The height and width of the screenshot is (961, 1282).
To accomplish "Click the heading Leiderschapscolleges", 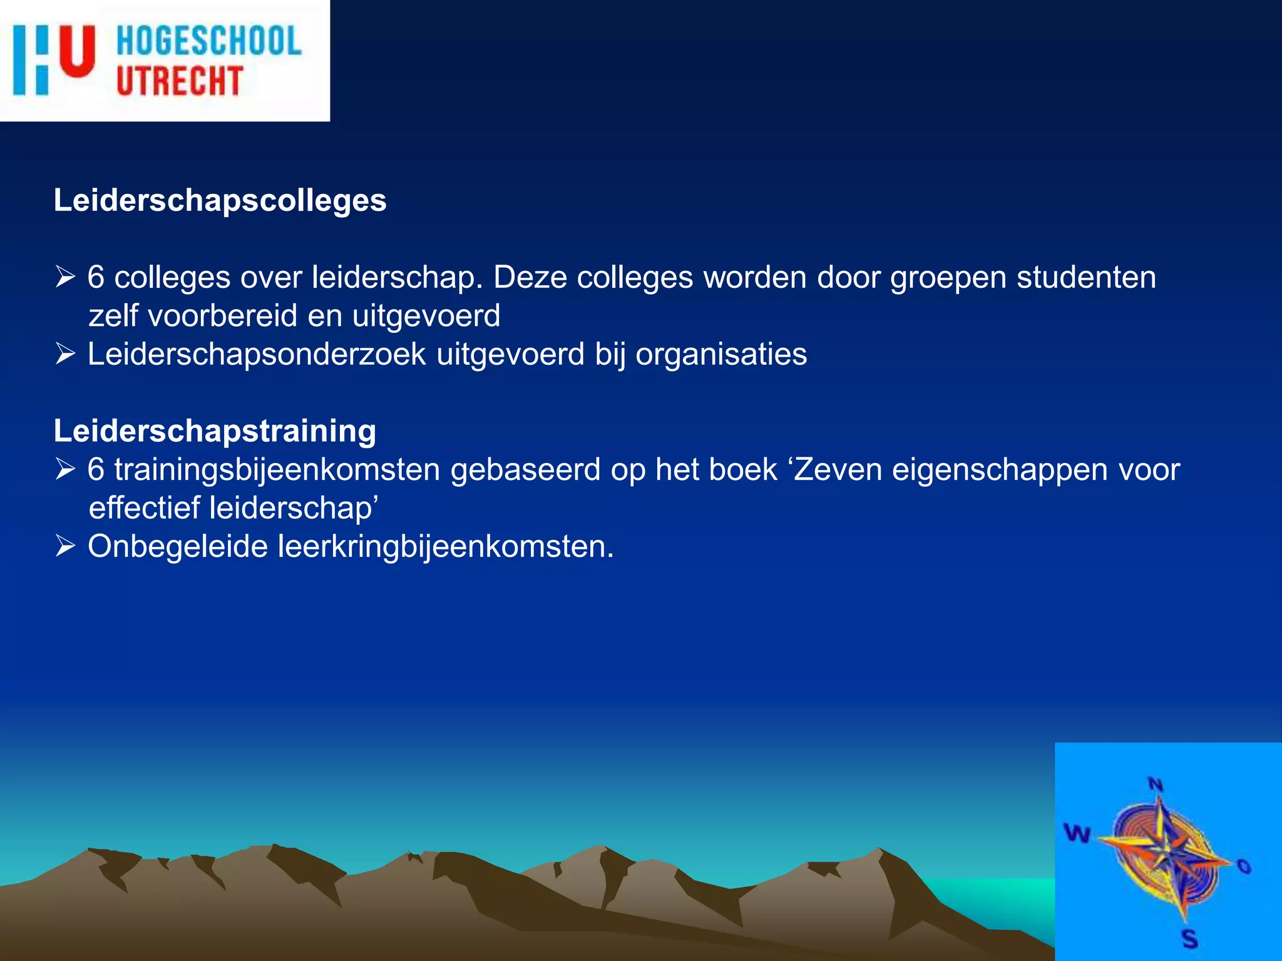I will tap(220, 201).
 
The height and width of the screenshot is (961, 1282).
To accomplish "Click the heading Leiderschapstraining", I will tap(215, 431).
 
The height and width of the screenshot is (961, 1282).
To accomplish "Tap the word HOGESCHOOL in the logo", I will tap(209, 41).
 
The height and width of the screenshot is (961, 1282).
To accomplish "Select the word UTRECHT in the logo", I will tap(180, 81).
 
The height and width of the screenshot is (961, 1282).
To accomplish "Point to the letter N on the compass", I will tap(1156, 785).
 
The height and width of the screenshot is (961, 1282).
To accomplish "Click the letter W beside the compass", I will tap(1077, 833).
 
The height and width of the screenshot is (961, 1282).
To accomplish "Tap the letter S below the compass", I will tap(1189, 939).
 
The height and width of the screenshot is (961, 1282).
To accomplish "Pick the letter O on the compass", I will tap(1244, 866).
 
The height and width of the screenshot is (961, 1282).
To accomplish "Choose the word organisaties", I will tap(721, 354).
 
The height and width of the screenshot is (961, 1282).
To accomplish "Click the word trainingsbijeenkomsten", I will tap(277, 470).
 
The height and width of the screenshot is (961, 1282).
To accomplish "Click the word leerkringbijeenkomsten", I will tap(445, 546).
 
